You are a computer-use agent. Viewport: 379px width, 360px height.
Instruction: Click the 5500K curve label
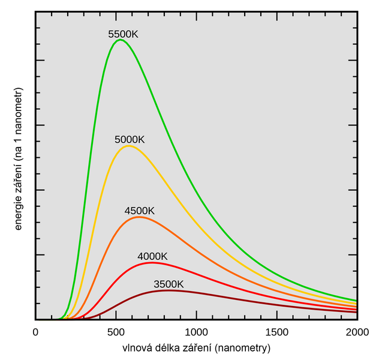pos(123,35)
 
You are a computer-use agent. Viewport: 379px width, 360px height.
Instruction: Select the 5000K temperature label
pos(130,140)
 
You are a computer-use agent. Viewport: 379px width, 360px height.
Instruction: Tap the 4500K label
pos(140,211)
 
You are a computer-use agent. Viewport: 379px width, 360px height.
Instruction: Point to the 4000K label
pos(152,257)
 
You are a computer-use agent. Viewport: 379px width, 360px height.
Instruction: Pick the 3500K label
pos(169,284)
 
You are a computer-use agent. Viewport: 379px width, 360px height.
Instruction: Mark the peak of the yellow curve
pos(128,146)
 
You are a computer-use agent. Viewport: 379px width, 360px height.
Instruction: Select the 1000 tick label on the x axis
pos(196,332)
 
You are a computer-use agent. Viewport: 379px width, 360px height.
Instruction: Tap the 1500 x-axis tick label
pos(276,332)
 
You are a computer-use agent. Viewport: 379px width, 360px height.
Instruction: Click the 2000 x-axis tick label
pos(356,332)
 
